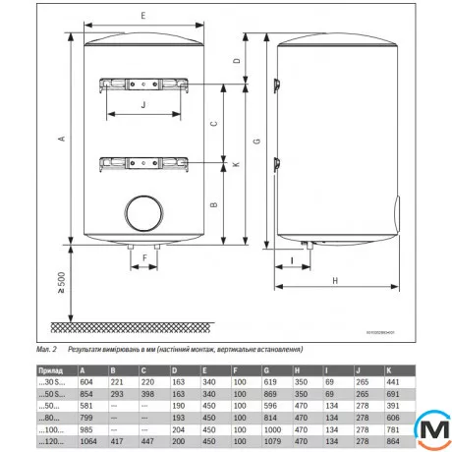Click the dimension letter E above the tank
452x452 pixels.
[143, 17]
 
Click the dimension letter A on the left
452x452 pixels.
[62, 140]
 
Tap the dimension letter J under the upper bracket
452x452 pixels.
[143, 104]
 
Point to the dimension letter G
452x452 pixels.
[257, 142]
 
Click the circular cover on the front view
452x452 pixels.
[143, 213]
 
